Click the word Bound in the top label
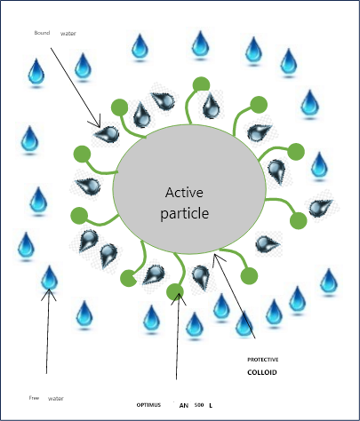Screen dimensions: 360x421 [x=42, y=33]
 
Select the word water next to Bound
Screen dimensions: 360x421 [x=68, y=34]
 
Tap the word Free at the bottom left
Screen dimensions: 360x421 [x=34, y=398]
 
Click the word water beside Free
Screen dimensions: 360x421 [x=56, y=399]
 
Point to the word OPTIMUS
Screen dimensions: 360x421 [x=148, y=405]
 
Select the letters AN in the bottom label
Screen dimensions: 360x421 [x=184, y=405]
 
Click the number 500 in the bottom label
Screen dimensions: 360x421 [x=199, y=405]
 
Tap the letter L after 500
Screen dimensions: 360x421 [x=211, y=405]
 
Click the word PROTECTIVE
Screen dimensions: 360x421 [x=263, y=360]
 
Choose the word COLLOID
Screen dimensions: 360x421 [x=262, y=372]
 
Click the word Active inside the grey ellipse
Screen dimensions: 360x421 [x=184, y=193]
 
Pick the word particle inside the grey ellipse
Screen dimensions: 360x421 [x=184, y=214]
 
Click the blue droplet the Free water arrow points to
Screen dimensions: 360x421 [x=49, y=277]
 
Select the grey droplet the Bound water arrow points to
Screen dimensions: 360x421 [x=108, y=135]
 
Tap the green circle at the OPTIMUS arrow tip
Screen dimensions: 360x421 [x=175, y=291]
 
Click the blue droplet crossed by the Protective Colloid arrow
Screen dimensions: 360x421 [x=244, y=323]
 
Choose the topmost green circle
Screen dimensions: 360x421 [x=201, y=85]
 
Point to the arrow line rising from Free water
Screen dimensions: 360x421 [x=48, y=331]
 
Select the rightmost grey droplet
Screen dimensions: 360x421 [x=320, y=208]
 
